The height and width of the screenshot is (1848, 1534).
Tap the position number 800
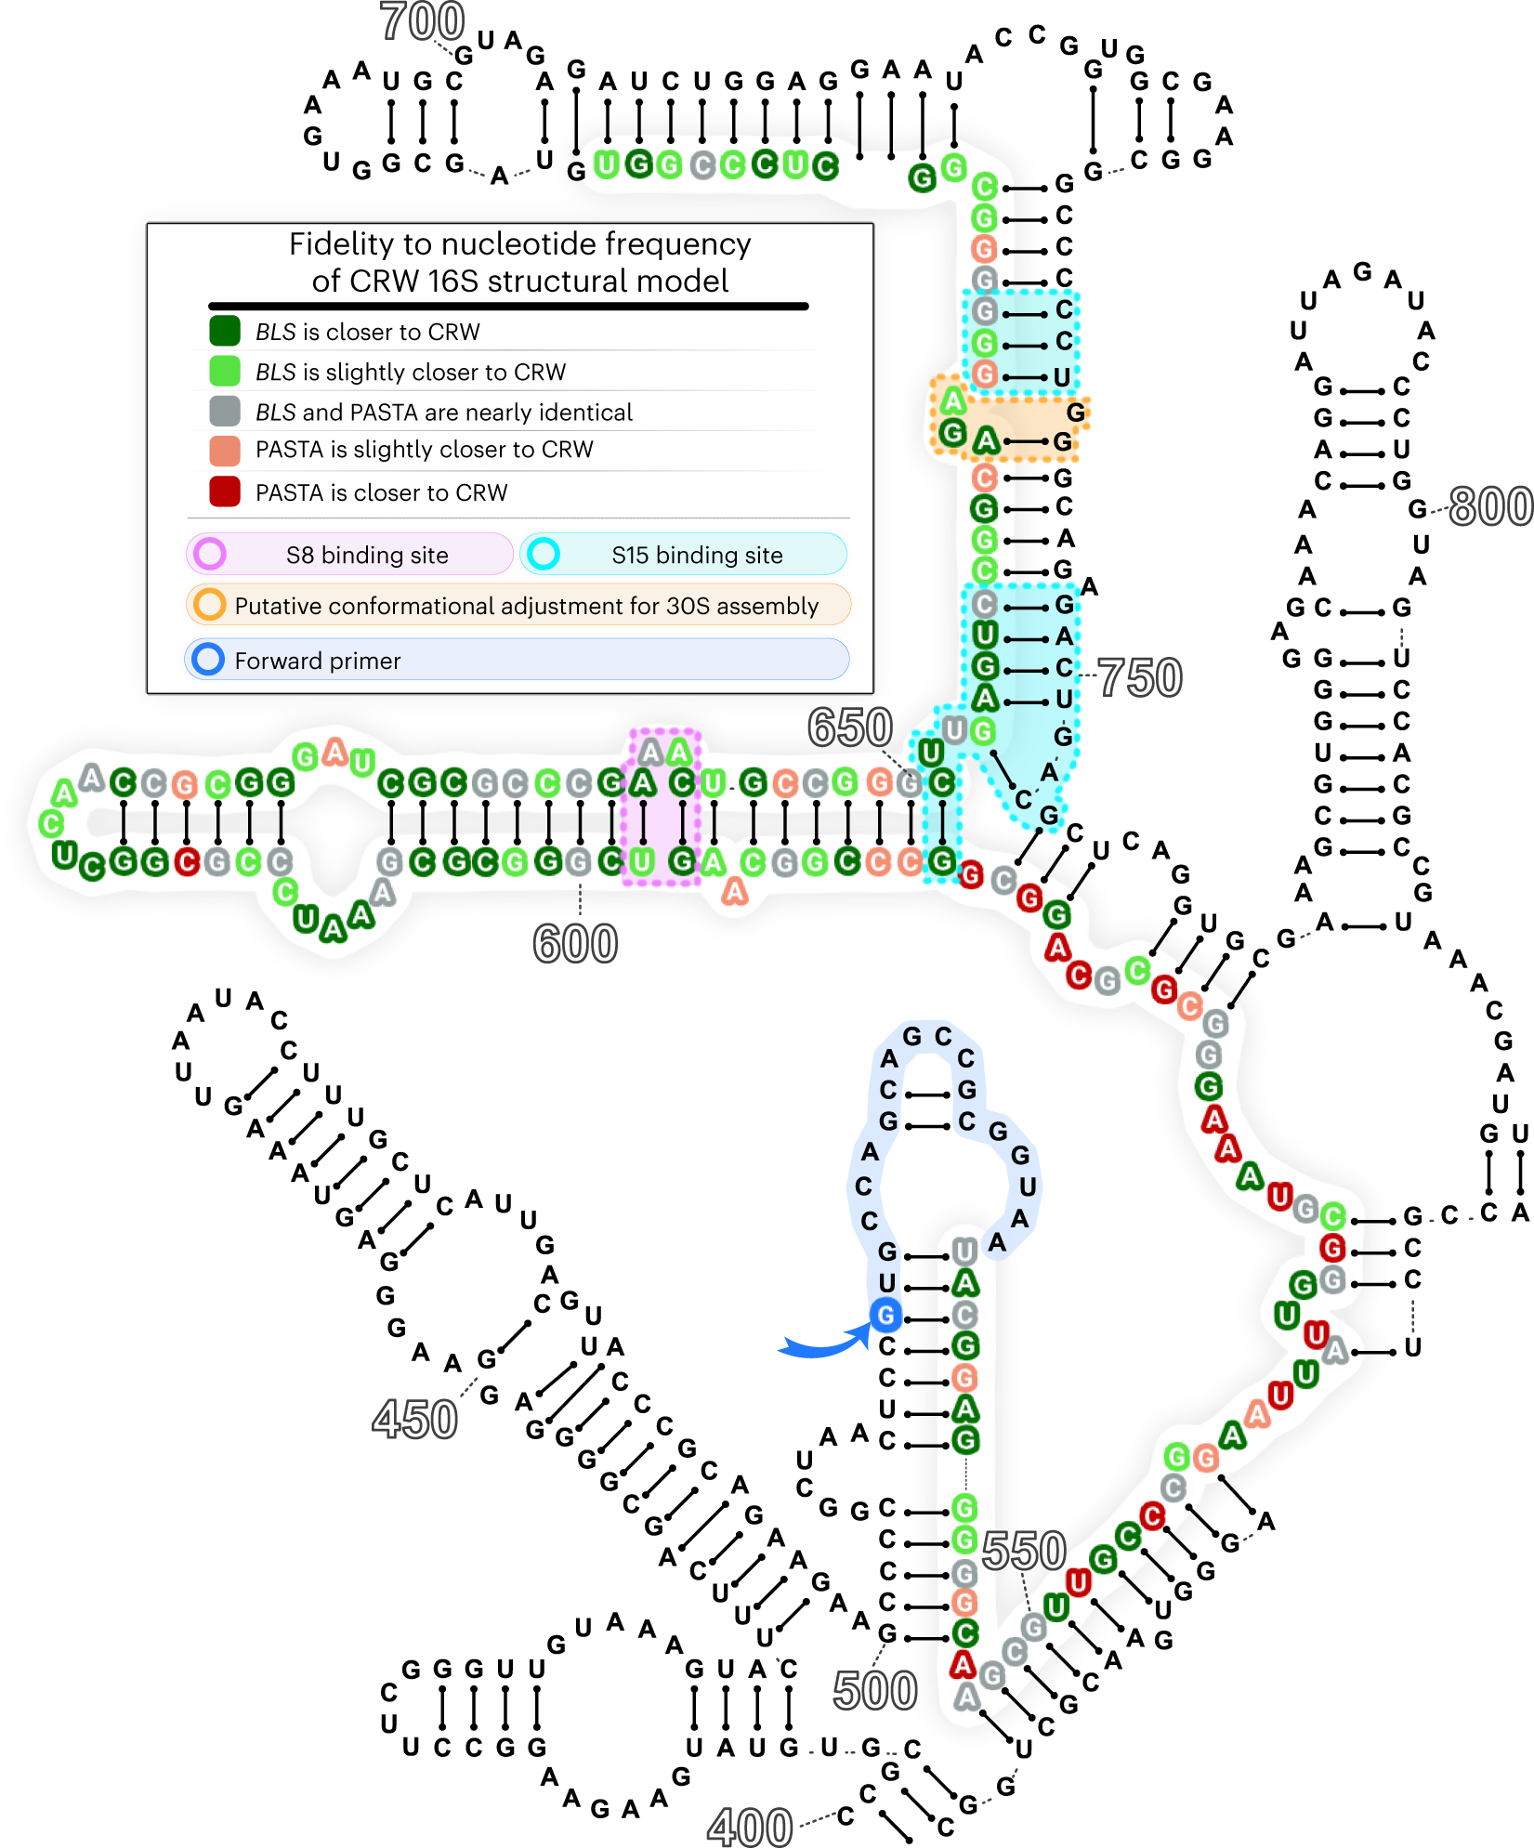coord(1489,506)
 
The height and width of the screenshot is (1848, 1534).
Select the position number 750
coord(1140,677)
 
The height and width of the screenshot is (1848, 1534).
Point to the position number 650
coord(849,727)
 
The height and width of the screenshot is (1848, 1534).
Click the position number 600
coord(575,944)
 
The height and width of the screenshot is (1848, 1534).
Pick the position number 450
coord(414,1420)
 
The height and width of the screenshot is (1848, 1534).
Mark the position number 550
coord(1023,1551)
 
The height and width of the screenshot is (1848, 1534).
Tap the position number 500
coord(874,1690)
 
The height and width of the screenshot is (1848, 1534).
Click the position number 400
coord(749,1828)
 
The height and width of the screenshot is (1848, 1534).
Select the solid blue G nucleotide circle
coord(885,1315)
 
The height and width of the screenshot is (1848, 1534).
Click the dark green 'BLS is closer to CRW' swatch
coord(225,331)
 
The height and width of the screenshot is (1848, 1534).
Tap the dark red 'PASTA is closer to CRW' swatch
coord(225,491)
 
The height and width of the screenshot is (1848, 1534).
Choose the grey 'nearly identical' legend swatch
coord(225,411)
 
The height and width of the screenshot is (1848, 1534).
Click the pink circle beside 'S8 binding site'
coord(210,554)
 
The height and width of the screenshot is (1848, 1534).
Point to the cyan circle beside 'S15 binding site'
coord(543,554)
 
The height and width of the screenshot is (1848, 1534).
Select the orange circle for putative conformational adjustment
coord(210,605)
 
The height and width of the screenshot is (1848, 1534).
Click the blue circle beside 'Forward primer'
coord(207,660)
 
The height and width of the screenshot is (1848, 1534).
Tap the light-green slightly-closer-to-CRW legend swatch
coord(225,371)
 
